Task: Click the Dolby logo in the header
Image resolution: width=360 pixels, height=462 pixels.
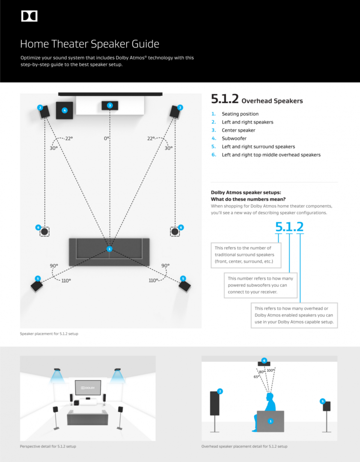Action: click(29, 16)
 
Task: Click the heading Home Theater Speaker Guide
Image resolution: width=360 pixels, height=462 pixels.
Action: click(89, 44)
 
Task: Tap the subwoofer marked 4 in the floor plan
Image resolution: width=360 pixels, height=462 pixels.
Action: click(65, 110)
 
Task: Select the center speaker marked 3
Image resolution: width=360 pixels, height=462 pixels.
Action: click(110, 105)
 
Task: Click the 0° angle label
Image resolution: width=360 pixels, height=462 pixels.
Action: click(107, 138)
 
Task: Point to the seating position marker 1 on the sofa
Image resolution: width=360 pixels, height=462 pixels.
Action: click(109, 249)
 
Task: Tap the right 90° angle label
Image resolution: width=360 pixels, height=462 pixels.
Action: click(165, 266)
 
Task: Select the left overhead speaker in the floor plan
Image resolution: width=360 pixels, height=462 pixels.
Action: click(45, 232)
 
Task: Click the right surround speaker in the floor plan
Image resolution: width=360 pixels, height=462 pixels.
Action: click(184, 286)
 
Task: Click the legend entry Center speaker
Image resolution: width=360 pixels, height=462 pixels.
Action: click(238, 130)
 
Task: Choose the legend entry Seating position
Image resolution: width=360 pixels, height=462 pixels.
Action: click(240, 114)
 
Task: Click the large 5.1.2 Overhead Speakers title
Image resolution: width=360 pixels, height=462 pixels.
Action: click(257, 100)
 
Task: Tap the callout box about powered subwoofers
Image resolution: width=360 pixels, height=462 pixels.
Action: click(260, 285)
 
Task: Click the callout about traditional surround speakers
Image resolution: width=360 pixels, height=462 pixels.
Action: click(246, 255)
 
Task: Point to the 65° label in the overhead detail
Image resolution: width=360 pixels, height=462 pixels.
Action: click(256, 377)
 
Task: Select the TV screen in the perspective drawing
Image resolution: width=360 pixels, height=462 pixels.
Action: click(88, 387)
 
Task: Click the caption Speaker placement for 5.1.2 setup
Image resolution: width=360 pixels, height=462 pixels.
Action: click(49, 333)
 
